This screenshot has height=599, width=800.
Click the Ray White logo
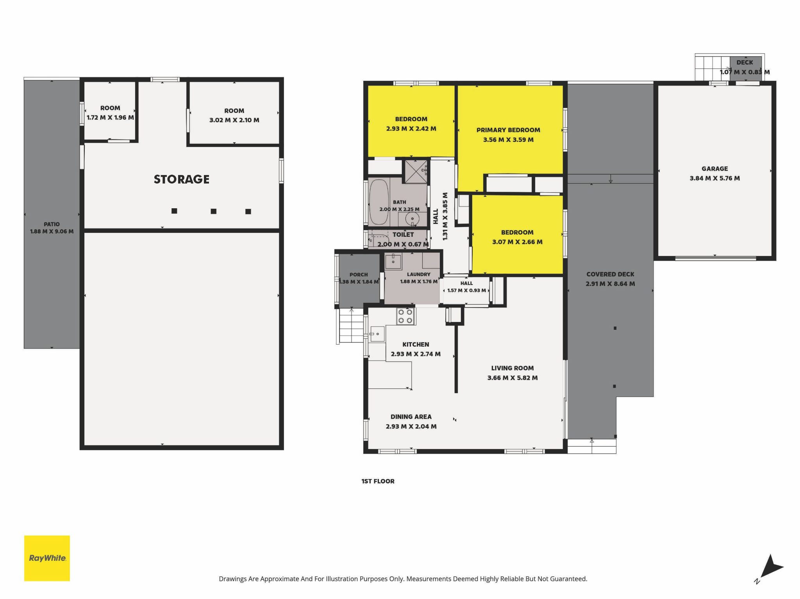pos(47,558)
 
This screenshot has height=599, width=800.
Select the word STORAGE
pos(182,179)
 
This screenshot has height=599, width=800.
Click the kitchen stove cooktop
pos(405,316)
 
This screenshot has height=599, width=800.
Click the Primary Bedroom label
pos(508,130)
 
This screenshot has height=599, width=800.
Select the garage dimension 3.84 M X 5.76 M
pos(714,178)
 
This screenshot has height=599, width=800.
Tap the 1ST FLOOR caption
pos(378,481)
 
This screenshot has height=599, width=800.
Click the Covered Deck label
pos(610,274)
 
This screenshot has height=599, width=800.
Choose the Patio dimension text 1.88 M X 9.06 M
pos(52,231)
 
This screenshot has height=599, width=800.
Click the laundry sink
pos(393,261)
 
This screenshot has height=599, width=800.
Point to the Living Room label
pos(512,368)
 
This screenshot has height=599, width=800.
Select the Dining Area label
pos(411,417)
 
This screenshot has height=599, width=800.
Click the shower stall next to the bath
pos(416,171)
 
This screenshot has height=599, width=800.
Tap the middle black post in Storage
pos(213,211)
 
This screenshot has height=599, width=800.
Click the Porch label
pos(359,275)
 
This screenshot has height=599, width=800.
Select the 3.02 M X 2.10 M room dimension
pos(234,120)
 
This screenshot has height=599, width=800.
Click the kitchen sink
pos(377,334)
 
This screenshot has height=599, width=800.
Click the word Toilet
pos(403,234)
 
